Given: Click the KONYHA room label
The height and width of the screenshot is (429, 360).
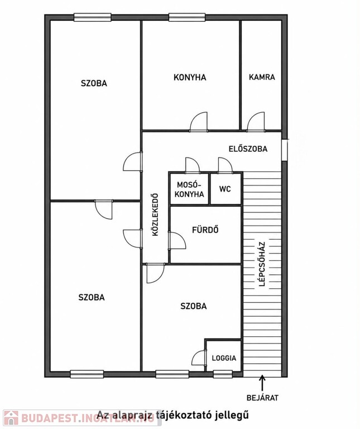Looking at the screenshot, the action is (190, 78).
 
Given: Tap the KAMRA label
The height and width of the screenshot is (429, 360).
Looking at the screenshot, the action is (262, 77).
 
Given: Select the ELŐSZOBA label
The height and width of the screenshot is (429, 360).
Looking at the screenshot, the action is (248, 149).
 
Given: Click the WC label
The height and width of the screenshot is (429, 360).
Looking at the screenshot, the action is (225, 189).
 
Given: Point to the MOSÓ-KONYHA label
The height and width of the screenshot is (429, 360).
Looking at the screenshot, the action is (189, 189).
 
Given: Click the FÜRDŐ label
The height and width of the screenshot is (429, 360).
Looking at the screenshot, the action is (205, 230).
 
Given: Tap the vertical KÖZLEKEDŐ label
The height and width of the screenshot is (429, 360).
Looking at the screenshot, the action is (155, 214).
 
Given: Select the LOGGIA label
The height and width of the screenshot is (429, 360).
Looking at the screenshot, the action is (224, 358).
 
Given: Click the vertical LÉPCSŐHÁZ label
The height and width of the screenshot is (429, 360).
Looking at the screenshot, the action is (262, 264).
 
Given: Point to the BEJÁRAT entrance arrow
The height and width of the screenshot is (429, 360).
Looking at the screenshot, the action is (262, 383).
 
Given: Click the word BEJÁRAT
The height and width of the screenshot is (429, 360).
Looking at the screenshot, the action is (262, 398).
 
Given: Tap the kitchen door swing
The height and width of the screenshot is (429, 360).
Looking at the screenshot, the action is (199, 122).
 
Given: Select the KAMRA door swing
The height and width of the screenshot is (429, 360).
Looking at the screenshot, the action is (256, 122).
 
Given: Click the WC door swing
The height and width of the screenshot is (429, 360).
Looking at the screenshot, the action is (225, 165).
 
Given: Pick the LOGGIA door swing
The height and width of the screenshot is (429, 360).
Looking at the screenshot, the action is (199, 358).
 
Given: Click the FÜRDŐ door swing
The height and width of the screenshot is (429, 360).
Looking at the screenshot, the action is (177, 241).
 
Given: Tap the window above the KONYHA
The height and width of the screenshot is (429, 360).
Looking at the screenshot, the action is (187, 17).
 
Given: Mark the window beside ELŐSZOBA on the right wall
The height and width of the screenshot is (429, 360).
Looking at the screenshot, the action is (285, 150).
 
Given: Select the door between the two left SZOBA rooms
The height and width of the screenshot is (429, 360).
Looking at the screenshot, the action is (104, 209).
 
